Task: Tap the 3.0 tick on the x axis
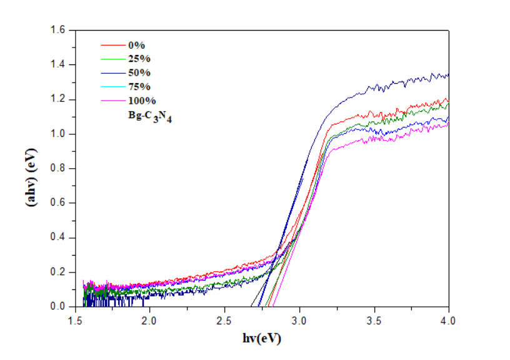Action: tap(299, 319)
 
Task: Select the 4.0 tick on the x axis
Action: tap(449, 319)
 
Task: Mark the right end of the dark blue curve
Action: tap(448, 75)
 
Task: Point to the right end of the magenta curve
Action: tap(448, 124)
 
